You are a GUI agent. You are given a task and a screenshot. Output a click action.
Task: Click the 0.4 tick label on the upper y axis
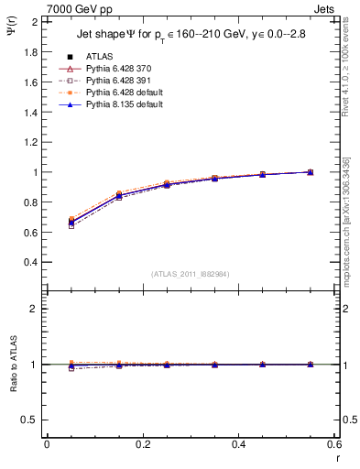point(29,262)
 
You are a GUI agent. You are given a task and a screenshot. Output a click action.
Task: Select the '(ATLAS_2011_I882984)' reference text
point(191,274)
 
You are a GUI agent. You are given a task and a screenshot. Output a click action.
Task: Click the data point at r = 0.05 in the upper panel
point(71,222)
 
